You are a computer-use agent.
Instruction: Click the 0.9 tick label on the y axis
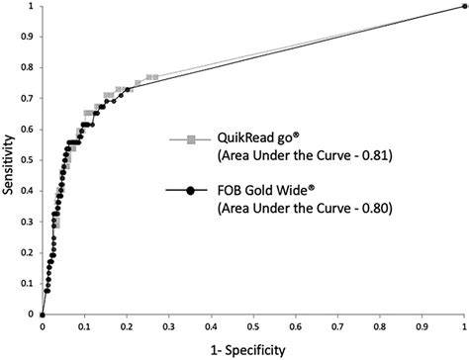(28, 37)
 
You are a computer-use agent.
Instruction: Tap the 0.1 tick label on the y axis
(28, 283)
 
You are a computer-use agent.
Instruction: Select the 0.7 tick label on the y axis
(28, 99)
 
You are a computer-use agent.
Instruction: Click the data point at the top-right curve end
(464, 6)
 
